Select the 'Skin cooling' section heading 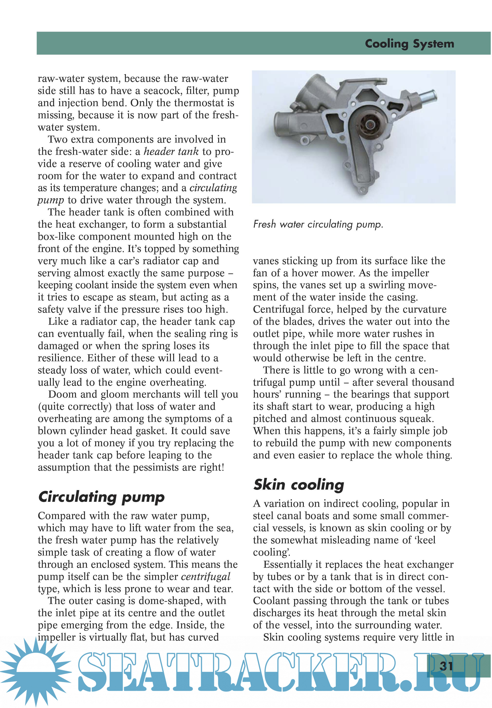point(298,485)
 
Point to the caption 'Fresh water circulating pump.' point(318,224)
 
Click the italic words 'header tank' point(171,152)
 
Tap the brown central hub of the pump point(368,125)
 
